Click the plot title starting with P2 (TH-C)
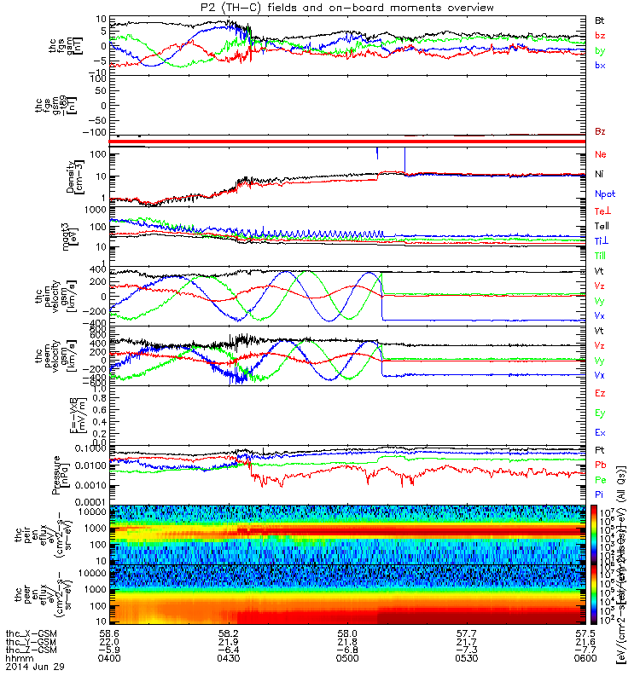click(345, 8)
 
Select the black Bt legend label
click(601, 19)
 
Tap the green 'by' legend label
click(601, 50)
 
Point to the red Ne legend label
click(601, 154)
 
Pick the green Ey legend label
click(601, 413)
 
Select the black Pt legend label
click(600, 449)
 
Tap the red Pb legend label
click(601, 465)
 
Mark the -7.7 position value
click(585, 650)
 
